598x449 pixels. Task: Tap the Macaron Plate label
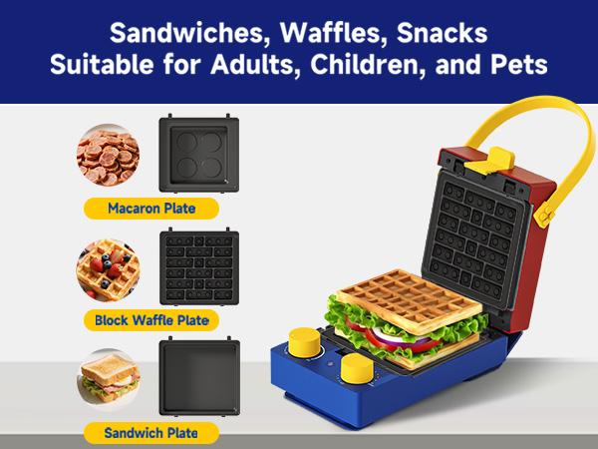coord(150,209)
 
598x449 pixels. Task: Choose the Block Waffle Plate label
coord(151,320)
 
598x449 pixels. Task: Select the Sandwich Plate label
coord(150,432)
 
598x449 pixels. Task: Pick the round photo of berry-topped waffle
coord(108,266)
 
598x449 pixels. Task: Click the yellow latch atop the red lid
coord(497,159)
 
